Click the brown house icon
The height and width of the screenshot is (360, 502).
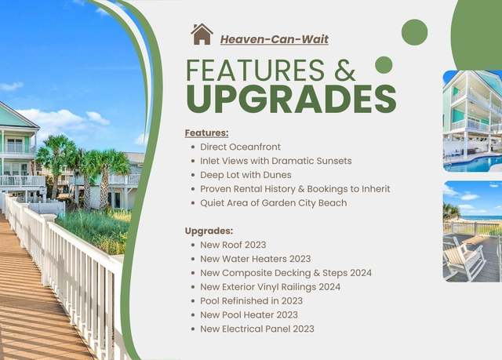click(202, 34)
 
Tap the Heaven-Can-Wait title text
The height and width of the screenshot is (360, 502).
click(275, 39)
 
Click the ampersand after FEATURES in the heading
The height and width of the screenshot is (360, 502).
click(345, 70)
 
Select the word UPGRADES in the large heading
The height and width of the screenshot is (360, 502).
click(291, 99)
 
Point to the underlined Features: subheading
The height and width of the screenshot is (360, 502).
click(206, 133)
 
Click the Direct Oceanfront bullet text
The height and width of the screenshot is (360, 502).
click(240, 147)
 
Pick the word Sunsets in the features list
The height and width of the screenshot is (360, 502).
click(334, 161)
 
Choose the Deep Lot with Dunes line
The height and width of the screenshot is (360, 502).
click(246, 175)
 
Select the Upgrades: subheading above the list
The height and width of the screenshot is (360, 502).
click(209, 231)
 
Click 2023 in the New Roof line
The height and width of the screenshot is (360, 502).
click(256, 245)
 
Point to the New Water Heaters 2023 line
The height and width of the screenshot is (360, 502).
click(255, 259)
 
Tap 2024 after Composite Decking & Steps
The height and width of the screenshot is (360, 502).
click(361, 273)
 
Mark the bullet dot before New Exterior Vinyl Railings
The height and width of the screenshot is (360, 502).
click(192, 287)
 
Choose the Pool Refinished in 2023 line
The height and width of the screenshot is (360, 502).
click(251, 301)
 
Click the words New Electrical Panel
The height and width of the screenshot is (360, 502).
click(245, 329)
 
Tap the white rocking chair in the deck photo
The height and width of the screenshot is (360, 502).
click(464, 259)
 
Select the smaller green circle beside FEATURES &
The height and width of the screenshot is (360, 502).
click(384, 65)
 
